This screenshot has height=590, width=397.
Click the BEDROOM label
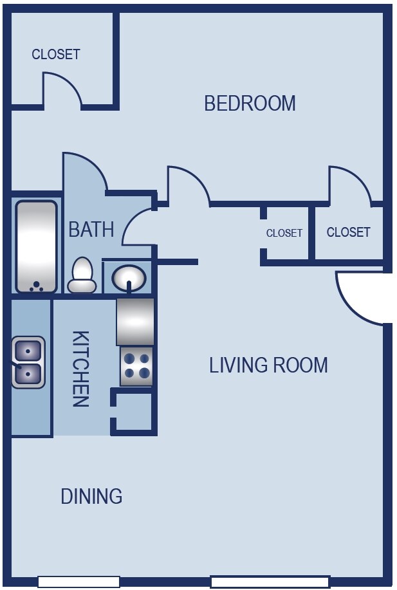click(250, 103)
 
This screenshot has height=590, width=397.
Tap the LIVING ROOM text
click(268, 365)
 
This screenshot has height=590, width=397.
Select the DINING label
click(91, 496)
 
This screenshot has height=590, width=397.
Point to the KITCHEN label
click(80, 369)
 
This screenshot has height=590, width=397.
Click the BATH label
click(91, 229)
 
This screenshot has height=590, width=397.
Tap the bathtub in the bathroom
click(36, 247)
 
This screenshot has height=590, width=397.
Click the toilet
click(82, 275)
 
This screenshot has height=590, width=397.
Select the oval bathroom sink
click(129, 279)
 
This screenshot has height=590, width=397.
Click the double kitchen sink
click(28, 362)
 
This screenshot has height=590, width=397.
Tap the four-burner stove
click(136, 365)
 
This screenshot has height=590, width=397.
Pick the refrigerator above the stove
click(135, 322)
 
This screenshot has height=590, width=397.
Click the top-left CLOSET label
click(56, 54)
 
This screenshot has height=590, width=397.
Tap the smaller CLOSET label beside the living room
click(284, 233)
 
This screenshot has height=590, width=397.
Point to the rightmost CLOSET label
click(349, 232)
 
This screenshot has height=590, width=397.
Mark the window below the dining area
click(78, 582)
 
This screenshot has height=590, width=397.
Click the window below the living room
click(270, 582)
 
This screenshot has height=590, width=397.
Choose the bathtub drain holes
click(36, 287)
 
